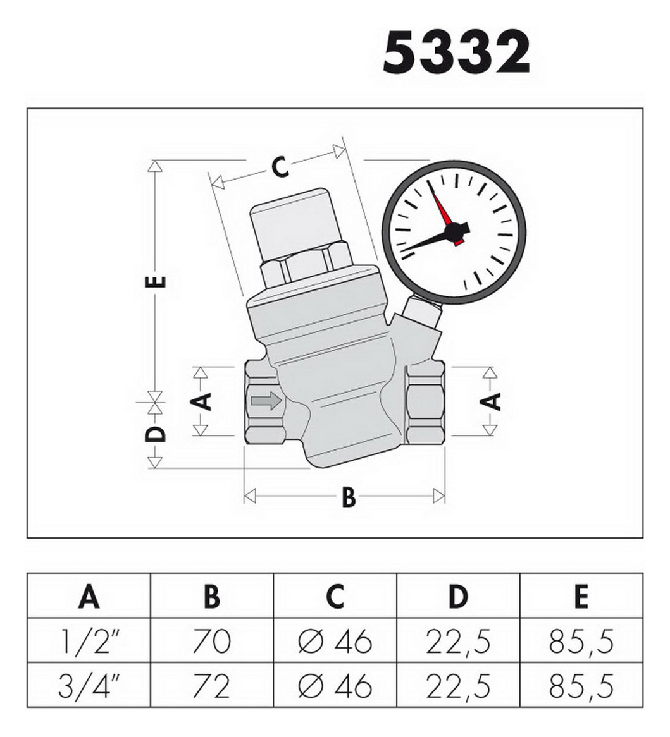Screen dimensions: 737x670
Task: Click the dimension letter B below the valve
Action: (x=349, y=497)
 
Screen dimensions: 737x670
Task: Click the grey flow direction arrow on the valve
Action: (x=266, y=401)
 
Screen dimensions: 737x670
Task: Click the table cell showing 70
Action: (x=212, y=642)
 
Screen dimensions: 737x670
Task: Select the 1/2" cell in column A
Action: (x=89, y=642)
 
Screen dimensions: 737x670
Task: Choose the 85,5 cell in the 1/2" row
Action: (x=581, y=642)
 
